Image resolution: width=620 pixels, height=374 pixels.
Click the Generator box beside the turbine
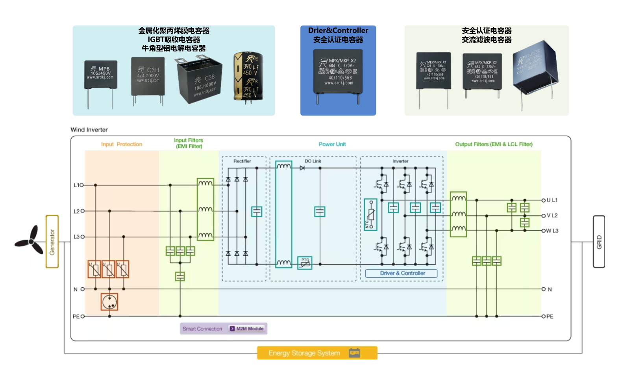52,242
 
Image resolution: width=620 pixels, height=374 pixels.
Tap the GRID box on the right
599,242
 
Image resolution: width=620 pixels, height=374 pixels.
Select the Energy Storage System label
304,353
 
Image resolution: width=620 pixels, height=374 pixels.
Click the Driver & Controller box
402,273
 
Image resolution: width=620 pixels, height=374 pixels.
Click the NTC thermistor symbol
370,214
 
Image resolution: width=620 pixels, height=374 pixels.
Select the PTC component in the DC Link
305,263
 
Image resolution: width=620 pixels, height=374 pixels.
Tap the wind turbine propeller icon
30,240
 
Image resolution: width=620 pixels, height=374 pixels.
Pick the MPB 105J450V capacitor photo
101,79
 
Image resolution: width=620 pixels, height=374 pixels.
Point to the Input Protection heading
121,144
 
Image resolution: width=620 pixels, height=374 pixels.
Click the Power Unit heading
332,144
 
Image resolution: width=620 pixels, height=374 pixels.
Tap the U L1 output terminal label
552,200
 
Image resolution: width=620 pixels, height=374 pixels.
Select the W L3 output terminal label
552,231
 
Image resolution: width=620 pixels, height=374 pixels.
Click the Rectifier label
242,161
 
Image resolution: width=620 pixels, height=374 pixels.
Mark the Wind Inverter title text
89,130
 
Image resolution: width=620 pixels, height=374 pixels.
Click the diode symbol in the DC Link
302,168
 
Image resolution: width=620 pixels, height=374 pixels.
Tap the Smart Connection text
202,329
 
